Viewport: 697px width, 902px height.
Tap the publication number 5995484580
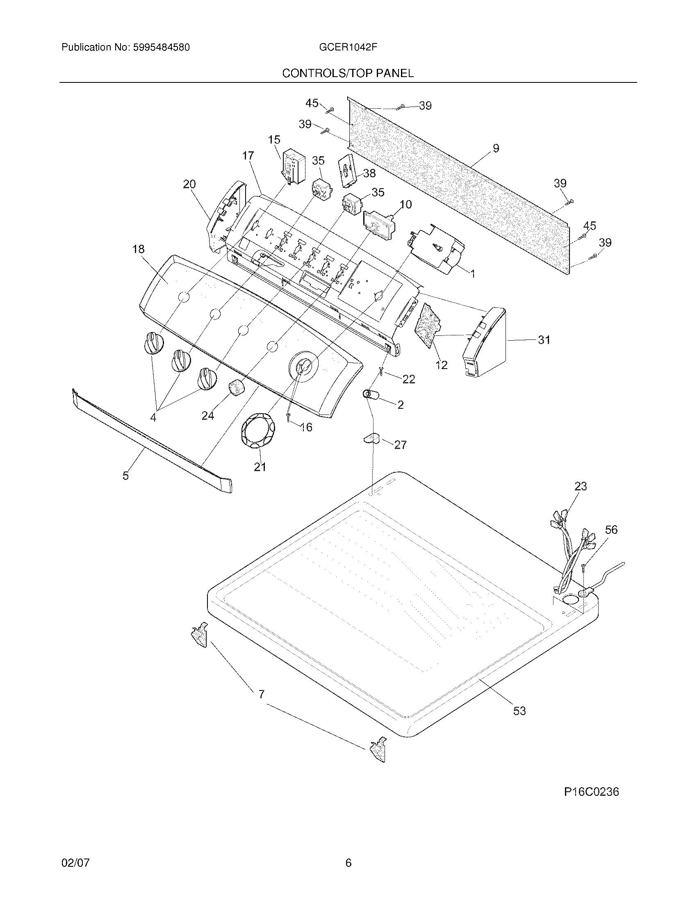pyautogui.click(x=162, y=48)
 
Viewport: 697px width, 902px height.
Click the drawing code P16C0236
pyautogui.click(x=591, y=792)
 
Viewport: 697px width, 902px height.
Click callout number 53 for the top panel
pyautogui.click(x=519, y=711)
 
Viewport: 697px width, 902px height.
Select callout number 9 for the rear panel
pyautogui.click(x=496, y=148)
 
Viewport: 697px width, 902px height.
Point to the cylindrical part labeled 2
pyautogui.click(x=371, y=395)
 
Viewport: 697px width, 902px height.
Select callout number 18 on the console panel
pyautogui.click(x=138, y=249)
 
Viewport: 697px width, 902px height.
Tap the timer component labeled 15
pyautogui.click(x=293, y=169)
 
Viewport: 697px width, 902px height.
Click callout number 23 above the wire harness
pyautogui.click(x=581, y=486)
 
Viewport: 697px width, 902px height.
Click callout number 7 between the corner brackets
pyautogui.click(x=261, y=694)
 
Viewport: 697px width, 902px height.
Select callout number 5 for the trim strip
pyautogui.click(x=125, y=475)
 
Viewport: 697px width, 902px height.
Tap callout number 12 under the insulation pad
pyautogui.click(x=442, y=364)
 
